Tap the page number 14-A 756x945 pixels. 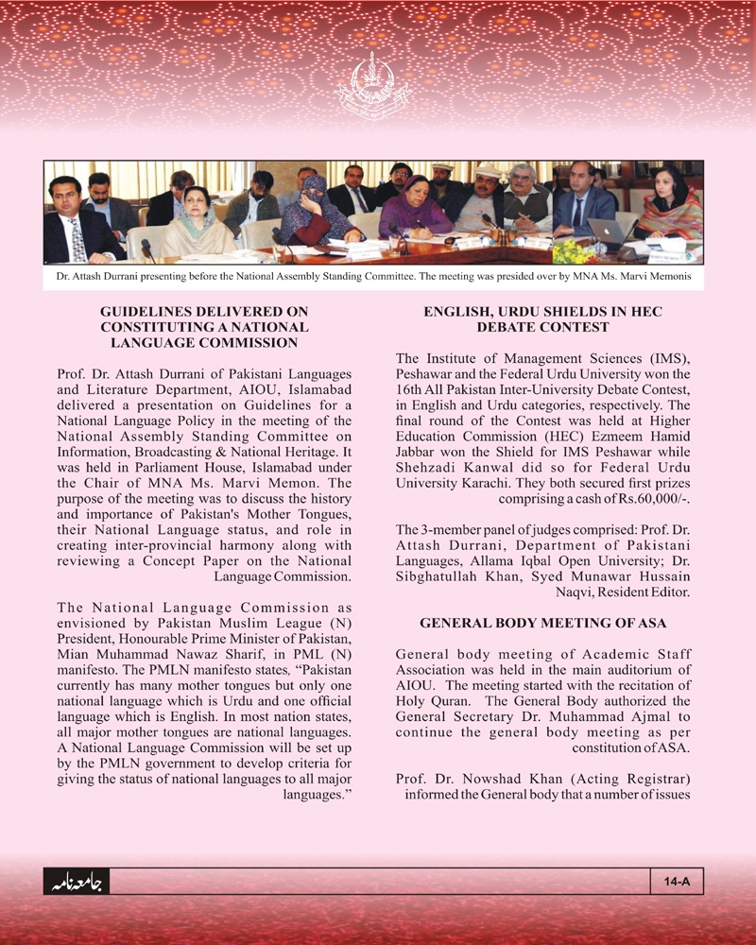click(x=677, y=882)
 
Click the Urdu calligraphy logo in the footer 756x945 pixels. click(x=77, y=883)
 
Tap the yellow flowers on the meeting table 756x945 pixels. click(x=569, y=251)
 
